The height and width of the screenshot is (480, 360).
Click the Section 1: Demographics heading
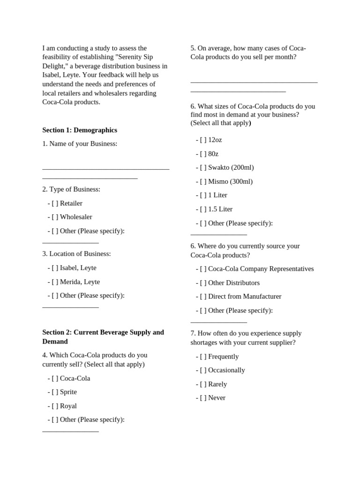80,130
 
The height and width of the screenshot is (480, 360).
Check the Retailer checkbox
55,203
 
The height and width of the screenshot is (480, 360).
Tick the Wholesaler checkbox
55,217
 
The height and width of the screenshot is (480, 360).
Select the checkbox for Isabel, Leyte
55,268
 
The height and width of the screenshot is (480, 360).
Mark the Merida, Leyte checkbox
55,282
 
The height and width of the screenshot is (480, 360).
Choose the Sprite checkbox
55,392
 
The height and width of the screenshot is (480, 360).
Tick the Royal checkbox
55,406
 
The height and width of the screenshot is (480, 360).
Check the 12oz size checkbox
203,140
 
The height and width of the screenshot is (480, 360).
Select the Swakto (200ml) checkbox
203,167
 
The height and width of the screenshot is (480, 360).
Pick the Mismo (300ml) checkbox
203,181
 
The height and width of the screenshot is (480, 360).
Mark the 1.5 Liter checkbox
203,209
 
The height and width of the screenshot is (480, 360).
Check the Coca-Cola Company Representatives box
203,269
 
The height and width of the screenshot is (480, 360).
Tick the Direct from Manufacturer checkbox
203,296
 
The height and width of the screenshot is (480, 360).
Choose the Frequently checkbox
203,356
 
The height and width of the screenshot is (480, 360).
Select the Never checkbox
203,397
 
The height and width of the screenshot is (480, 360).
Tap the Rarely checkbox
203,384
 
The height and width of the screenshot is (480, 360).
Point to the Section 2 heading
103,337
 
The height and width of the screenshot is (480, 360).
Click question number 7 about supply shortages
246,338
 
